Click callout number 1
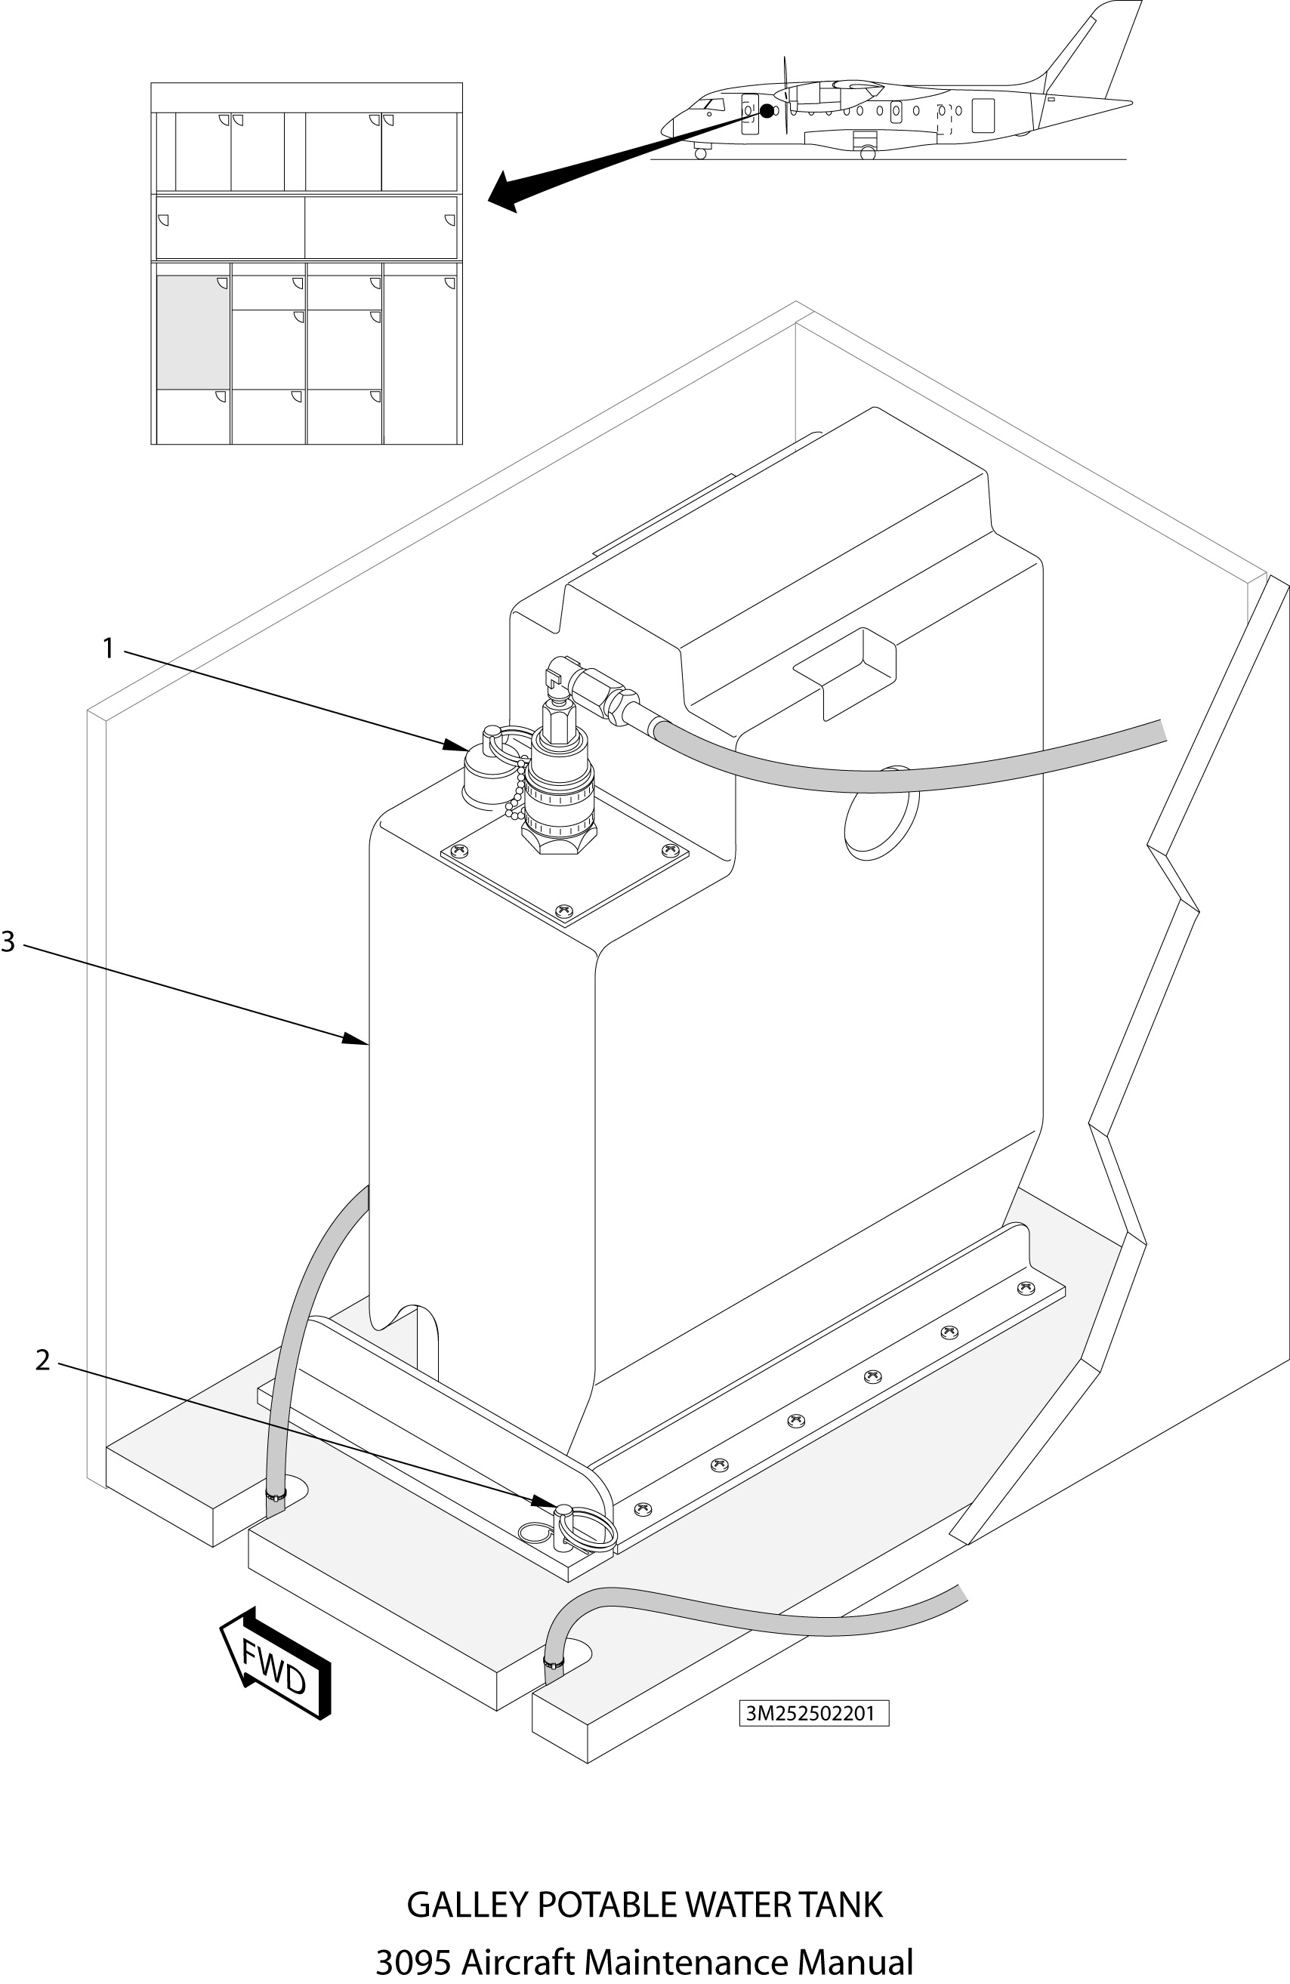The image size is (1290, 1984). pyautogui.click(x=107, y=648)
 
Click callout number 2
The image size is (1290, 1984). pyautogui.click(x=42, y=1360)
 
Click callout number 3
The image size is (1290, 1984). pyautogui.click(x=8, y=942)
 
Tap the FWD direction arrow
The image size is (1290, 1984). pyautogui.click(x=275, y=1661)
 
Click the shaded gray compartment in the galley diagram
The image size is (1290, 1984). pyautogui.click(x=193, y=331)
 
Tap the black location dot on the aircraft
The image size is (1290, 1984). pyautogui.click(x=767, y=111)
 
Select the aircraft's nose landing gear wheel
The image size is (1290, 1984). pyautogui.click(x=700, y=153)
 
